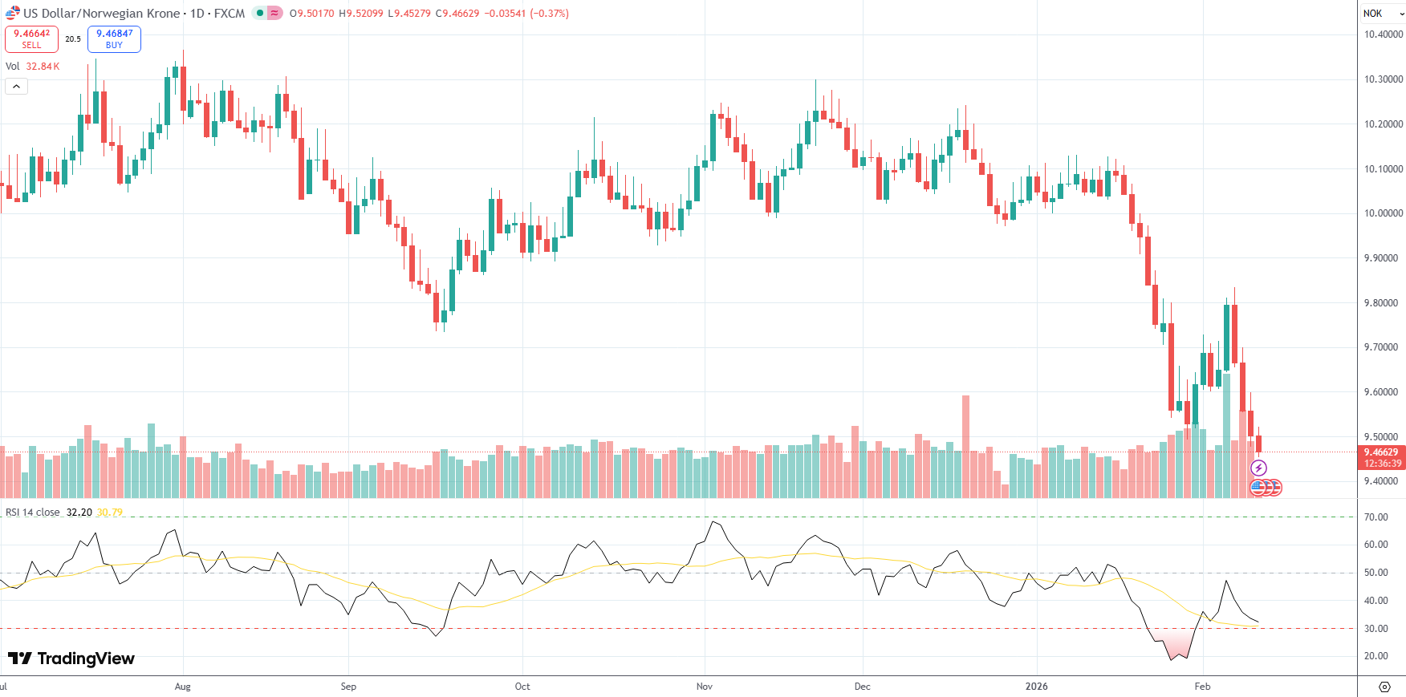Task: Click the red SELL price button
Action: point(31,39)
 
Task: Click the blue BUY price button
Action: point(114,39)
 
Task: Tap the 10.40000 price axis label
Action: point(1384,34)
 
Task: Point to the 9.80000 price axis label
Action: point(1384,303)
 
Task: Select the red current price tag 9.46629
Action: point(1382,452)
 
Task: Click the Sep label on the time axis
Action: point(348,687)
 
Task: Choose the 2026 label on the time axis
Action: point(1036,687)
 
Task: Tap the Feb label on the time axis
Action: point(1202,687)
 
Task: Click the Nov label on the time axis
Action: point(705,687)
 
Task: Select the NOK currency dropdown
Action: point(1382,14)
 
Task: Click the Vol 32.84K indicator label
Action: point(33,67)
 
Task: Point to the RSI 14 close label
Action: point(33,513)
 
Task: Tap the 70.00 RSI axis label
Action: point(1376,517)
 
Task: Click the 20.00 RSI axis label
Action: point(1376,656)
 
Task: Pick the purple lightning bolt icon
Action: point(1258,468)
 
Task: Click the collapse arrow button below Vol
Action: point(16,86)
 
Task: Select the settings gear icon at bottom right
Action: point(1384,687)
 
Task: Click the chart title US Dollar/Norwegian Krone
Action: point(102,14)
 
